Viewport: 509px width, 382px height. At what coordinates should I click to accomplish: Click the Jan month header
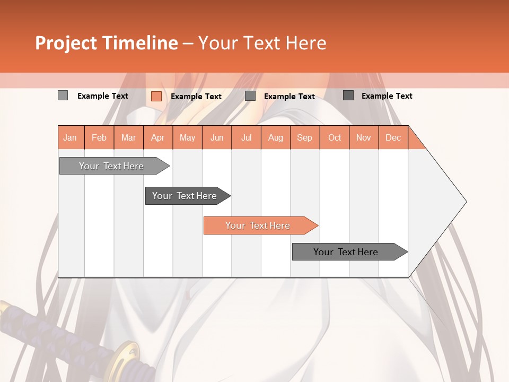pyautogui.click(x=70, y=138)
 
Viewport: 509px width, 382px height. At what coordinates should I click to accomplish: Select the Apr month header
pyautogui.click(x=157, y=138)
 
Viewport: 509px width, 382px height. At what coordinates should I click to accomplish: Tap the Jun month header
pyautogui.click(x=217, y=138)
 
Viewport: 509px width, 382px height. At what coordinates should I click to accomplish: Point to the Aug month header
pyautogui.click(x=275, y=138)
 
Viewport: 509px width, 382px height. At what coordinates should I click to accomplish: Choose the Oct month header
pyautogui.click(x=335, y=138)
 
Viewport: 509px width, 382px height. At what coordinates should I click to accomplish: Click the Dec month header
pyautogui.click(x=393, y=138)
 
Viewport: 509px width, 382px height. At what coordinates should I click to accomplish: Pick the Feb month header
pyautogui.click(x=99, y=138)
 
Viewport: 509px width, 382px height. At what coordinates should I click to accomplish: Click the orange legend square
pyautogui.click(x=156, y=96)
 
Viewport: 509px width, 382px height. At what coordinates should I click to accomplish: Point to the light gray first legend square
pyautogui.click(x=63, y=95)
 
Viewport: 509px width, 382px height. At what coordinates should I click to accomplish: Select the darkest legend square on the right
pyautogui.click(x=348, y=95)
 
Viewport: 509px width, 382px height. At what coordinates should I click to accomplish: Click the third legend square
pyautogui.click(x=250, y=96)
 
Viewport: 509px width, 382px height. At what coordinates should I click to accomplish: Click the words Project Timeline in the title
pyautogui.click(x=106, y=43)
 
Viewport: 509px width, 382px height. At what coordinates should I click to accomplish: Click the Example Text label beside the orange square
pyautogui.click(x=196, y=97)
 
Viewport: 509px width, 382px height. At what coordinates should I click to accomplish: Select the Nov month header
pyautogui.click(x=364, y=138)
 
